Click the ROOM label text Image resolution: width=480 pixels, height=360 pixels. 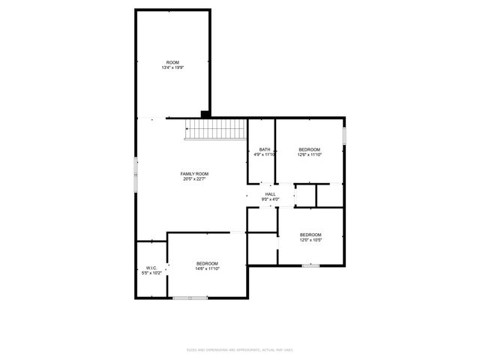click(172, 62)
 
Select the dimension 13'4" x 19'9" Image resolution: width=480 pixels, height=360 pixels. click(172, 67)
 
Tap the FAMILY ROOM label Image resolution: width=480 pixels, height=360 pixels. click(194, 174)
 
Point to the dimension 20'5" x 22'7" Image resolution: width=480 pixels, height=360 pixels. click(194, 179)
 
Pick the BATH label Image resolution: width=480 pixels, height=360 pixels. click(265, 150)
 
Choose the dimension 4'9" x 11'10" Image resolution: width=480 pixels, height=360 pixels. click(265, 155)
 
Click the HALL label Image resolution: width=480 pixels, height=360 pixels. click(271, 194)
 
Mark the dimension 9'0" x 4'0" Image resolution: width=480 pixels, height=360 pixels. click(271, 199)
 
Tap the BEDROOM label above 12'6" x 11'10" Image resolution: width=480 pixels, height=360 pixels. click(309, 150)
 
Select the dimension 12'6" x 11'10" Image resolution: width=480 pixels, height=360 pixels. click(309, 155)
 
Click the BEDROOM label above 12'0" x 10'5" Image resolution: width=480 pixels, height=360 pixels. click(310, 235)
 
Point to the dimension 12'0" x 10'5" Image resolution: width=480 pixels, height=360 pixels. click(310, 240)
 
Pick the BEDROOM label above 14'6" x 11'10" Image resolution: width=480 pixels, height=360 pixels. click(207, 263)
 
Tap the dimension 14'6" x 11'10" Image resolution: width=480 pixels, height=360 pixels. click(207, 268)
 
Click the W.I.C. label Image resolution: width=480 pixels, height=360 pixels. click(151, 268)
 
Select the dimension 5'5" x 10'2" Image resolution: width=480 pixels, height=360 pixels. click(151, 273)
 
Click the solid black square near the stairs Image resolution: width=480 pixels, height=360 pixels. click(204, 114)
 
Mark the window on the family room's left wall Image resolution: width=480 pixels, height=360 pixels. click(136, 173)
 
